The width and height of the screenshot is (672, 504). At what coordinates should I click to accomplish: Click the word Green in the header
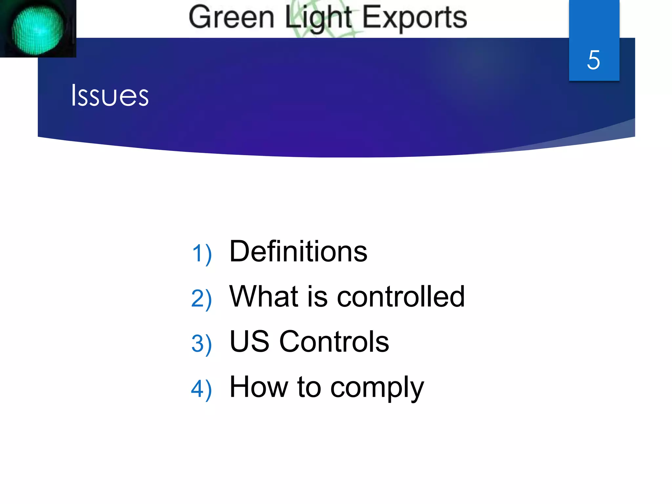231,18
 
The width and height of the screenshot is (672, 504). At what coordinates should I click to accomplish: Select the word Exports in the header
414,18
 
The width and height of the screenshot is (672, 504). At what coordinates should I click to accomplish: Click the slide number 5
594,60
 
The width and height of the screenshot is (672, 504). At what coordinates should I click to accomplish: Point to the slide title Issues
110,95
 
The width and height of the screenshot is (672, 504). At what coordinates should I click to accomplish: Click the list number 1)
202,254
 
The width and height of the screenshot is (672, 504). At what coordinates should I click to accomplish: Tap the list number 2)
201,299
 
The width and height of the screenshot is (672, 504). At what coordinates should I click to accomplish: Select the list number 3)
201,344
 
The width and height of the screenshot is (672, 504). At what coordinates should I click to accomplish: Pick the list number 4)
201,389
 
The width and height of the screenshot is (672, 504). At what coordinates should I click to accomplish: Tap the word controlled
401,297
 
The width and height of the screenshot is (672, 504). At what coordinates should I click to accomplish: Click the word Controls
334,342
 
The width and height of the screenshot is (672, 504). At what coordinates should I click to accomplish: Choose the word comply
377,389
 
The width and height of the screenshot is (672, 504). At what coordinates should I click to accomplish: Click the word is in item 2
317,297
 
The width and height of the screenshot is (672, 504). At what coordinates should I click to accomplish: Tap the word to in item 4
309,387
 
